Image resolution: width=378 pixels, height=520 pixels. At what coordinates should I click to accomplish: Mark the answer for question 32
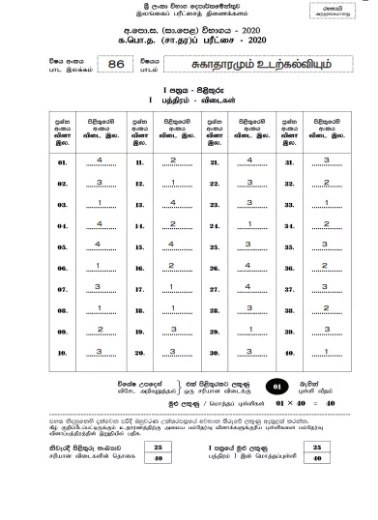tap(327, 182)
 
